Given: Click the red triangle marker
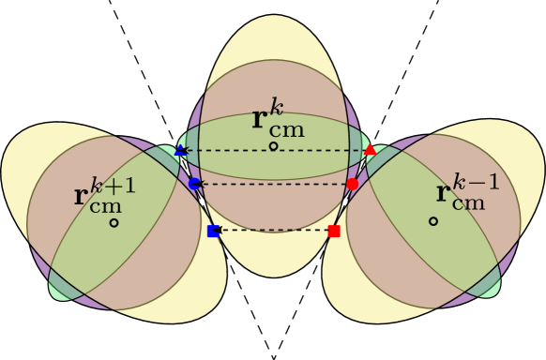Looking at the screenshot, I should [370, 149].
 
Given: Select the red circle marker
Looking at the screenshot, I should [353, 184].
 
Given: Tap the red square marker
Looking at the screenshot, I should [334, 231].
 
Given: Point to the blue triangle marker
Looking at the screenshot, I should [180, 150].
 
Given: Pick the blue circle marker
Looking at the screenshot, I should [194, 184].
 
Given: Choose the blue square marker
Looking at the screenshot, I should [213, 231].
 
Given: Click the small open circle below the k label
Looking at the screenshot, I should [273, 146].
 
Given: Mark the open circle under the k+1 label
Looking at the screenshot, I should [114, 222].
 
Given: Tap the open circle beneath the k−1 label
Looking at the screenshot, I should [433, 221].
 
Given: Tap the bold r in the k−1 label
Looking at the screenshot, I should [444, 193].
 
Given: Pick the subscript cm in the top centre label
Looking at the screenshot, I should [287, 130].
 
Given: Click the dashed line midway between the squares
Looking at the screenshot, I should [274, 231].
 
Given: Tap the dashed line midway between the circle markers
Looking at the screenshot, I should [274, 184].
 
